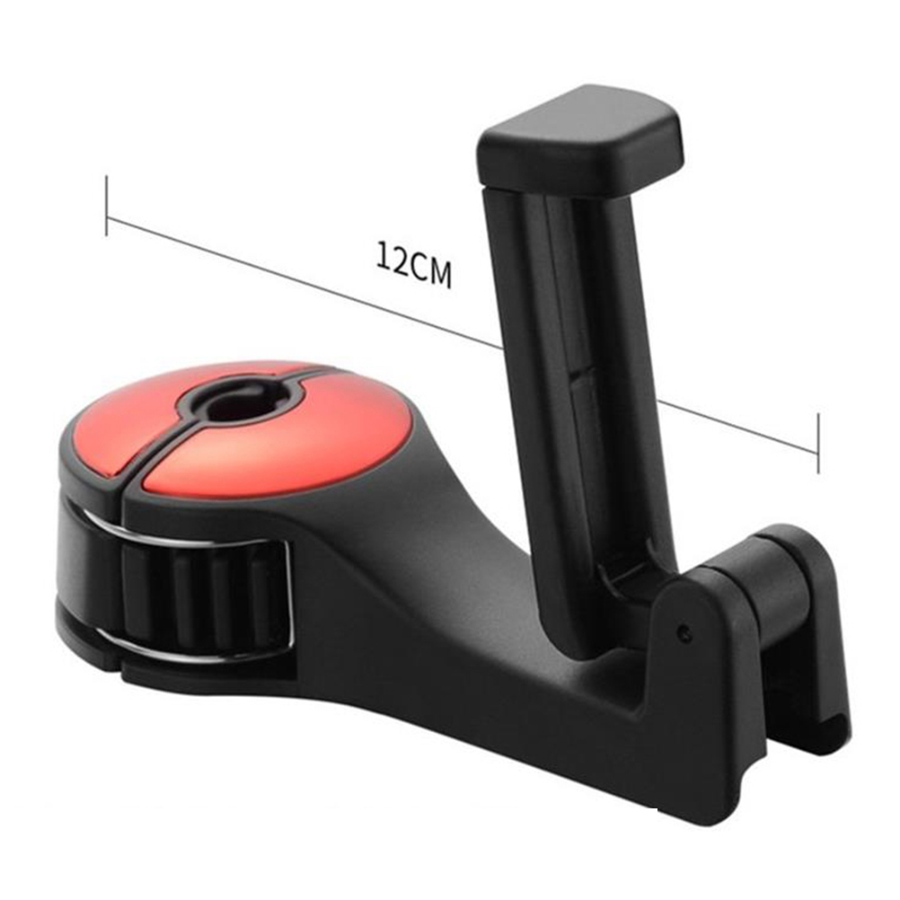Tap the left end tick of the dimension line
tap(107, 206)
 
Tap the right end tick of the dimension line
tap(818, 443)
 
